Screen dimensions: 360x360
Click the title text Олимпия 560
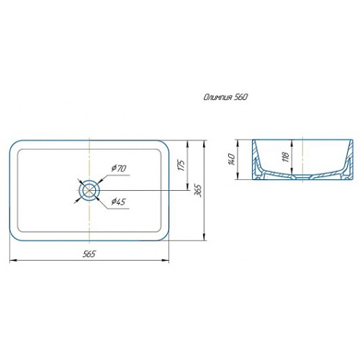225,97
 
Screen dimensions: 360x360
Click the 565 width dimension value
89,254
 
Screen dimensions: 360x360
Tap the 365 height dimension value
199,191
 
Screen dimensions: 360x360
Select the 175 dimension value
182,165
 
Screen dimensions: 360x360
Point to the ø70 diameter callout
119,168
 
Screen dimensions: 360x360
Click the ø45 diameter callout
119,202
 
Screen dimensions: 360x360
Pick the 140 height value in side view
232,159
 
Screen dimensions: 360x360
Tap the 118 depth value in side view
286,157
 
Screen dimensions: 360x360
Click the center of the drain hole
89,191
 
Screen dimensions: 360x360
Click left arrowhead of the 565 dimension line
12,260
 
